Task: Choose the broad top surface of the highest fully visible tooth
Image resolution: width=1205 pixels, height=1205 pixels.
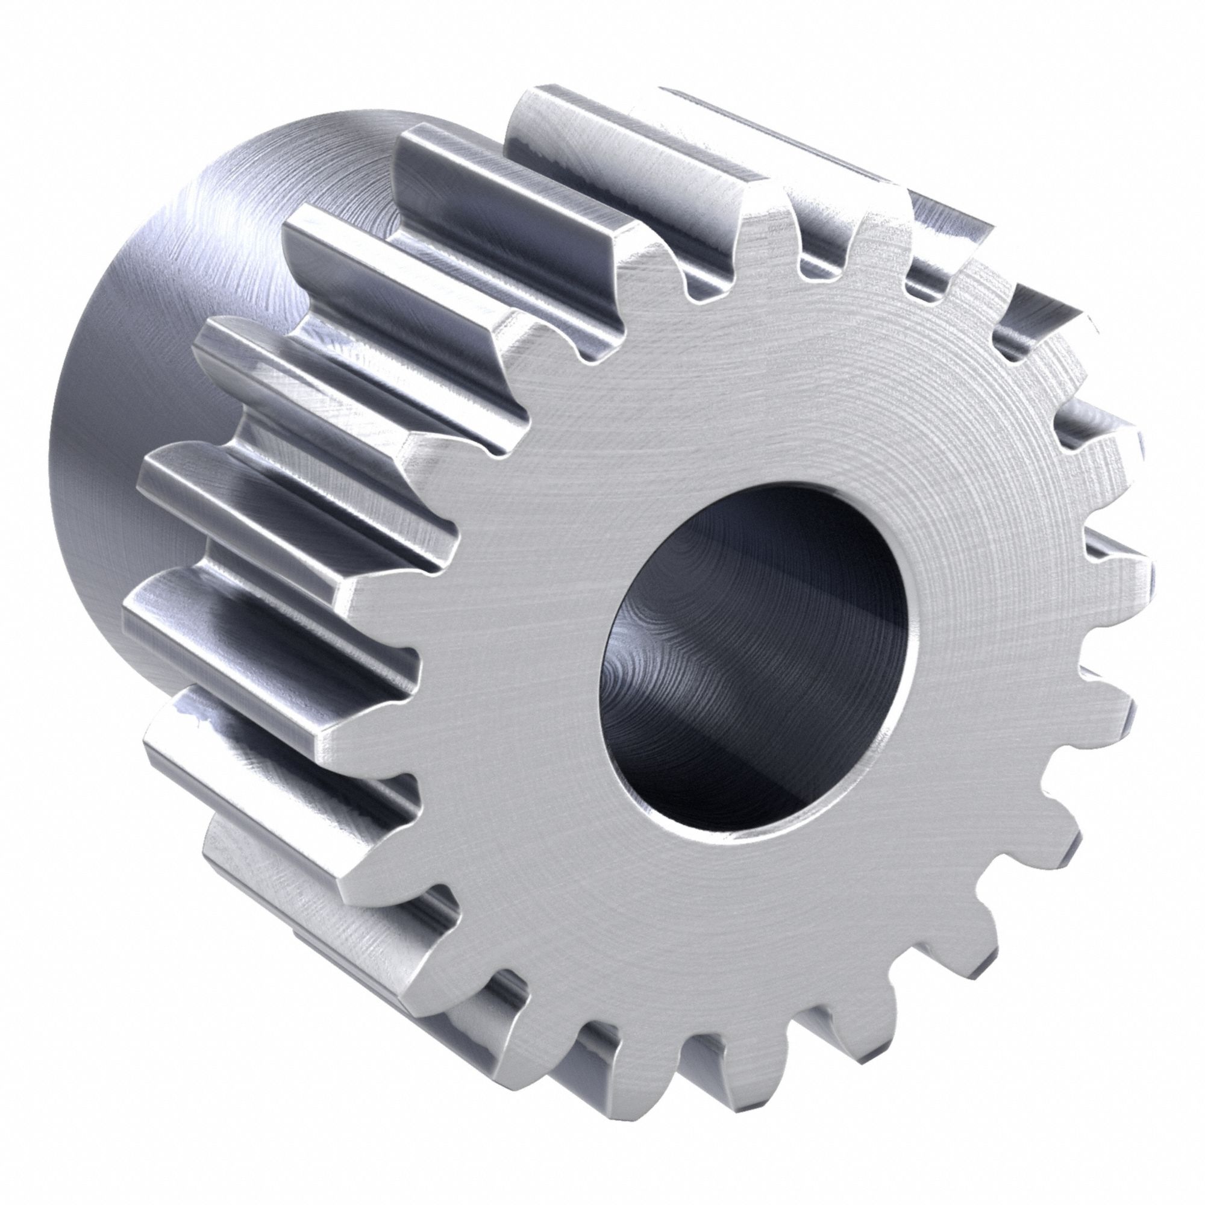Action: click(624, 156)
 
